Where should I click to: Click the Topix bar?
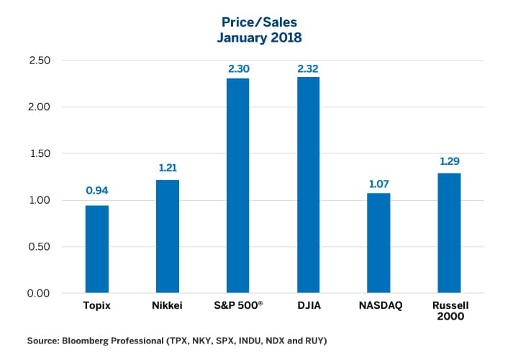tap(97, 249)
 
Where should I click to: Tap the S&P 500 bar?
tap(238, 186)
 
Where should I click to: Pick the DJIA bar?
tap(308, 185)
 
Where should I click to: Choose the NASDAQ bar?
tap(378, 243)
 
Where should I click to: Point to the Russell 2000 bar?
tap(449, 233)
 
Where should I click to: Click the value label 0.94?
tap(97, 191)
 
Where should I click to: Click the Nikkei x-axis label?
tap(168, 306)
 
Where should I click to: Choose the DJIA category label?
tap(308, 306)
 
